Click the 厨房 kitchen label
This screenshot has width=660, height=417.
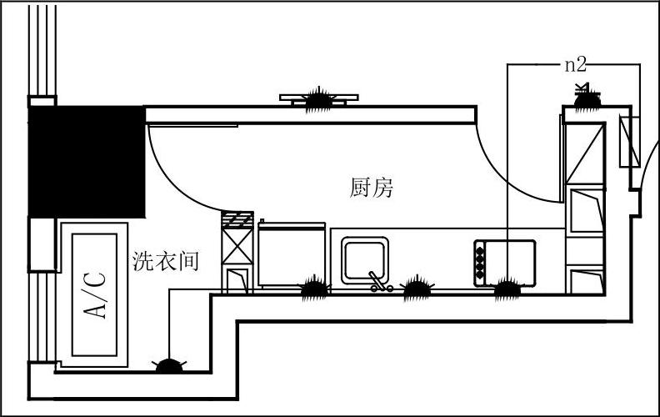click(x=371, y=188)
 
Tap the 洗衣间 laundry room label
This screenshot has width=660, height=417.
click(x=166, y=261)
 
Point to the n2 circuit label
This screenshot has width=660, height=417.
click(x=576, y=64)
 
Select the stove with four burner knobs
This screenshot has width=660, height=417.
click(x=504, y=261)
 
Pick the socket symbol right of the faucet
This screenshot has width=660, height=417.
click(x=417, y=289)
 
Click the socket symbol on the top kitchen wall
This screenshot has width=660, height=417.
click(x=317, y=99)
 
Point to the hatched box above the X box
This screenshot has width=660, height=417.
click(x=237, y=221)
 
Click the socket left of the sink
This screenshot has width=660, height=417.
click(x=314, y=289)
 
